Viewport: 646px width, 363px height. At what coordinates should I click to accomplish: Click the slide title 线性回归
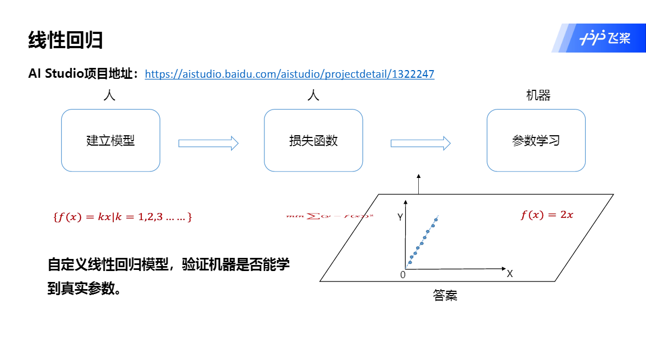pyautogui.click(x=66, y=40)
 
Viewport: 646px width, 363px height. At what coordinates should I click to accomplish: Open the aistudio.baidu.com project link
pyautogui.click(x=289, y=74)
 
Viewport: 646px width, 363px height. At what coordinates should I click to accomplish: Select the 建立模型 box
pyautogui.click(x=111, y=141)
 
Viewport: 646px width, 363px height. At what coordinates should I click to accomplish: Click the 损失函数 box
pyautogui.click(x=313, y=141)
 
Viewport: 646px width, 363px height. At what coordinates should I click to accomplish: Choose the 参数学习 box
pyautogui.click(x=536, y=141)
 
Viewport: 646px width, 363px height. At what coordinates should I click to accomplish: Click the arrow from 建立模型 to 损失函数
pyautogui.click(x=209, y=143)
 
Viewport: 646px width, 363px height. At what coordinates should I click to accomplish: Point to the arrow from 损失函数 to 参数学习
pyautogui.click(x=420, y=143)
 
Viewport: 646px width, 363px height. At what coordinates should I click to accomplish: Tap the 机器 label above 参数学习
pyautogui.click(x=538, y=96)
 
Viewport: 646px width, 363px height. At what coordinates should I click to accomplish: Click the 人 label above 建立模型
pyautogui.click(x=109, y=96)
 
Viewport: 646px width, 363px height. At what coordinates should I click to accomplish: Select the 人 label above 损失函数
pyautogui.click(x=313, y=96)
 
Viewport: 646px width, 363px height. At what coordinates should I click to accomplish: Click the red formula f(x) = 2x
pyautogui.click(x=546, y=215)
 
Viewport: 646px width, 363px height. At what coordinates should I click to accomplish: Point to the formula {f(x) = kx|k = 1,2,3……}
pyautogui.click(x=123, y=217)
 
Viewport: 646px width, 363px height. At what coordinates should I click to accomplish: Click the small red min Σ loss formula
pyautogui.click(x=330, y=216)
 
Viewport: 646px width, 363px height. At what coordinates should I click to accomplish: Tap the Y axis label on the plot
pyautogui.click(x=400, y=217)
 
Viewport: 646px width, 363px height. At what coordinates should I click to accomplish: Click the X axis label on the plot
pyautogui.click(x=510, y=274)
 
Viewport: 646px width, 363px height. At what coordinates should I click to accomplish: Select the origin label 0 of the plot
pyautogui.click(x=403, y=275)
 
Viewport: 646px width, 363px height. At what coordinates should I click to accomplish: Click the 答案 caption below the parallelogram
pyautogui.click(x=445, y=296)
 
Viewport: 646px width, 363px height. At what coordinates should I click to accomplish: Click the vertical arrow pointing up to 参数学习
pyautogui.click(x=419, y=185)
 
